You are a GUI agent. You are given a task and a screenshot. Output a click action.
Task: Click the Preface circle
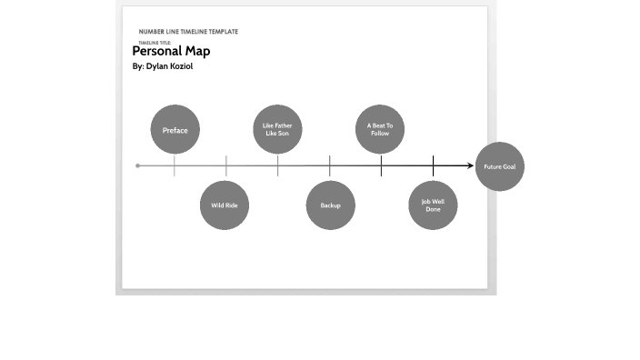pyautogui.click(x=175, y=130)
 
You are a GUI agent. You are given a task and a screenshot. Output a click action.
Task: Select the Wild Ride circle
pyautogui.click(x=225, y=205)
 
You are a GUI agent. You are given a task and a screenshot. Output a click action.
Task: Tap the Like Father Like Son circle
pyautogui.click(x=276, y=130)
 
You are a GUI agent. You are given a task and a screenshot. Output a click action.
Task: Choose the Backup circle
pyautogui.click(x=330, y=205)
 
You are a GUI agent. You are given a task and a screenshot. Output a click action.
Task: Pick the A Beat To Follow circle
pyautogui.click(x=379, y=130)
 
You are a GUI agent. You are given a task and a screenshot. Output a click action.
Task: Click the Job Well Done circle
pyautogui.click(x=433, y=205)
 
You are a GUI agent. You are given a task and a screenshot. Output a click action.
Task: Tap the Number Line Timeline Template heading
pyautogui.click(x=188, y=32)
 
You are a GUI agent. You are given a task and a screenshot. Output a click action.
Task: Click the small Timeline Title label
pyautogui.click(x=154, y=43)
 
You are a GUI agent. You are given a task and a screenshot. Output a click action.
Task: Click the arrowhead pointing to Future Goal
pyautogui.click(x=470, y=165)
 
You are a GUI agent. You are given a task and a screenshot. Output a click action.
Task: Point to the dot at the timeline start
pyautogui.click(x=137, y=165)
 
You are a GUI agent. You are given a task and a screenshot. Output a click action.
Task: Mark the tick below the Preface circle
pyautogui.click(x=175, y=165)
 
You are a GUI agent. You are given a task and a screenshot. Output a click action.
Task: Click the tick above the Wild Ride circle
pyautogui.click(x=226, y=165)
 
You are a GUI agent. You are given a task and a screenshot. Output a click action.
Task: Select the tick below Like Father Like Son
pyautogui.click(x=278, y=165)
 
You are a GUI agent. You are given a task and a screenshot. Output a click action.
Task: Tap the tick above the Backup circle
pyautogui.click(x=330, y=165)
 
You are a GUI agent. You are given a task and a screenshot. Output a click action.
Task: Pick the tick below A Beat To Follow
pyautogui.click(x=381, y=165)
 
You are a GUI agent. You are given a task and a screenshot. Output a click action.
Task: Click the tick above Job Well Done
pyautogui.click(x=433, y=165)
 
